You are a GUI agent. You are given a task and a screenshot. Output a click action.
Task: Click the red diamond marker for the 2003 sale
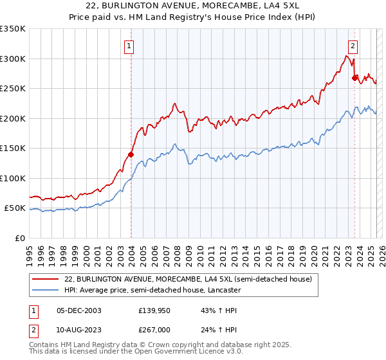[x=131, y=154]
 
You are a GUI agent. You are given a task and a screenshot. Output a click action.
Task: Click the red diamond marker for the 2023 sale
[x=354, y=78]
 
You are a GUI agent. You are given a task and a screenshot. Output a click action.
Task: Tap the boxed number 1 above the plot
[x=130, y=46]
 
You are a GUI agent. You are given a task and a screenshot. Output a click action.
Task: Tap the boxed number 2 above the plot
[x=353, y=46]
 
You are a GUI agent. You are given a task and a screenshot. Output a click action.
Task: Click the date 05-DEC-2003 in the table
[x=79, y=310]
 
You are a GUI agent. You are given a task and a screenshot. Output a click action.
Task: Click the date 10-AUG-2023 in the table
[x=79, y=329]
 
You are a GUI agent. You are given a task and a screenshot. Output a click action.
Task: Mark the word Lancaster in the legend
[x=223, y=290]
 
